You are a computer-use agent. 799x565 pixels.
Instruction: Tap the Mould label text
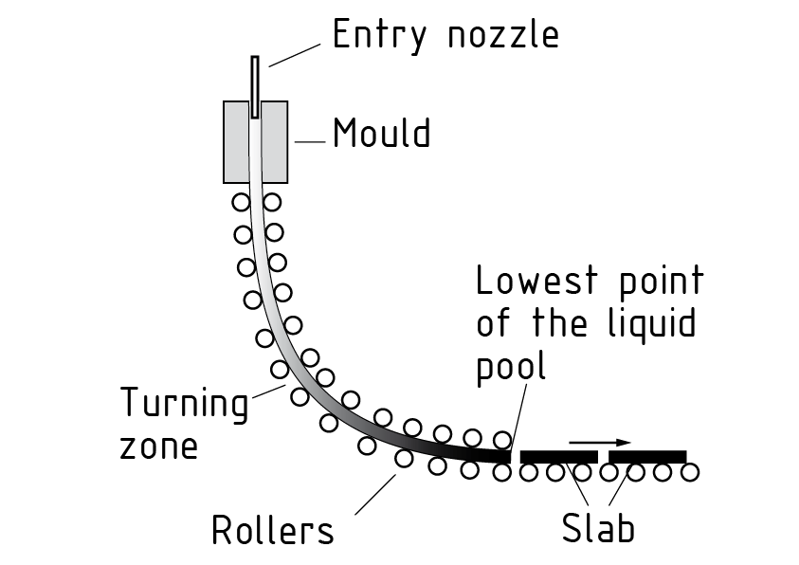[x=381, y=134]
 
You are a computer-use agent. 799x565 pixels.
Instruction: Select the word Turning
[x=183, y=405]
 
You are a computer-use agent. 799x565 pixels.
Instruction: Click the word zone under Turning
[x=159, y=446]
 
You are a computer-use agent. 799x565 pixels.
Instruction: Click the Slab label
[x=597, y=529]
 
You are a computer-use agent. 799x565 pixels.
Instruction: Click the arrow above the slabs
[x=600, y=442]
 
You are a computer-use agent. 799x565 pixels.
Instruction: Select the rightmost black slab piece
[x=647, y=456]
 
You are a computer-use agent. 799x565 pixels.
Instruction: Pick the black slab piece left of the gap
[x=558, y=456]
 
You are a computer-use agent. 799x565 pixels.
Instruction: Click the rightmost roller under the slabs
[x=689, y=471]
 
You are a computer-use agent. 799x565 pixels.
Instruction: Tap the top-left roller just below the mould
[x=241, y=202]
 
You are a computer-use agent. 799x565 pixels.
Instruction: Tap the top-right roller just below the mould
[x=272, y=202]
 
